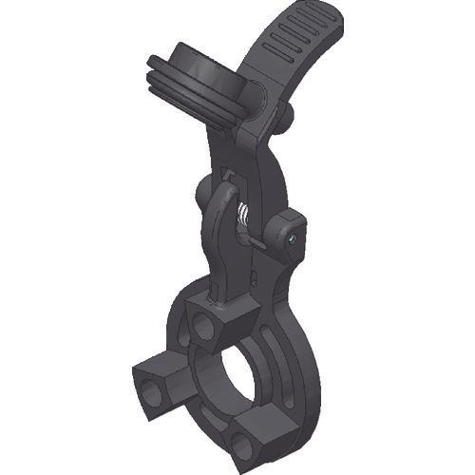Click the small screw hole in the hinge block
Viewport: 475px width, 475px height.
point(293,240)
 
